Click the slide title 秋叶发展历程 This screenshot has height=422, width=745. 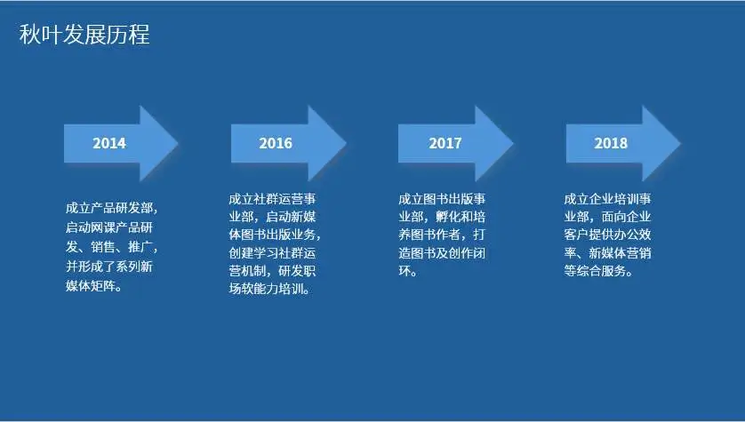pyautogui.click(x=84, y=35)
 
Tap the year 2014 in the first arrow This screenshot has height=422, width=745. pyautogui.click(x=109, y=143)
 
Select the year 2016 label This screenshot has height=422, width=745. pyautogui.click(x=276, y=143)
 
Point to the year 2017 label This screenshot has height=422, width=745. pyautogui.click(x=445, y=143)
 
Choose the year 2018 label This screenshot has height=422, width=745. pyautogui.click(x=611, y=143)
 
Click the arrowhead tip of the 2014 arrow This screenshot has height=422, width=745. pyautogui.click(x=178, y=143)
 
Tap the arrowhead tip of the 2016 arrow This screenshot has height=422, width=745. pyautogui.click(x=346, y=143)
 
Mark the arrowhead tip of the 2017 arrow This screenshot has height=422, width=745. pyautogui.click(x=513, y=143)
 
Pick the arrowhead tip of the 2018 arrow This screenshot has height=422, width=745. pyautogui.click(x=680, y=143)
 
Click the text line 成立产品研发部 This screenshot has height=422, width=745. pyautogui.click(x=108, y=208)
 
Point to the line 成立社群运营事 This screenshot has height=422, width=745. pyautogui.click(x=272, y=199)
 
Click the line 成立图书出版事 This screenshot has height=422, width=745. pyautogui.click(x=442, y=199)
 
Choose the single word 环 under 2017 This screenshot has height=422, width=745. pyautogui.click(x=405, y=271)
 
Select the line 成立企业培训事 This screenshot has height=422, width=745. pyautogui.click(x=607, y=199)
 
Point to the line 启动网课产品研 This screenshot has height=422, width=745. pyautogui.click(x=109, y=227)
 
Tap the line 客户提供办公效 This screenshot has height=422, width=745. pyautogui.click(x=607, y=235)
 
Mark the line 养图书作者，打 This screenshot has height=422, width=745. pyautogui.click(x=442, y=235)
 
